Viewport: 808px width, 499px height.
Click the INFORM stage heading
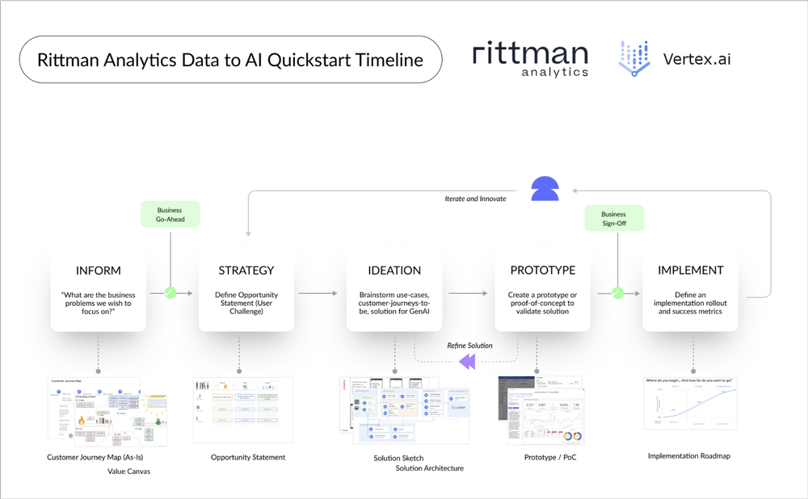[x=99, y=270]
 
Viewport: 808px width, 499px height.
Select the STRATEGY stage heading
[x=246, y=270]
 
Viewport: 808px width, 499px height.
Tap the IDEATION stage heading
[x=394, y=270]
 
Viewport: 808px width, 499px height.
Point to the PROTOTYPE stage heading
[x=542, y=270]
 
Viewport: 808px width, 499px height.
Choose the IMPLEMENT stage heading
[x=690, y=270]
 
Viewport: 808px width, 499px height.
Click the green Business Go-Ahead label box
[x=170, y=214]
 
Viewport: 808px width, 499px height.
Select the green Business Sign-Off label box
[x=614, y=219]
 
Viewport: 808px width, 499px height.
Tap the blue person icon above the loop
[x=545, y=189]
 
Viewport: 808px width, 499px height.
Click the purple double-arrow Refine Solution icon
[x=467, y=363]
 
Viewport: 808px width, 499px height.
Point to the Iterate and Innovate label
[x=476, y=199]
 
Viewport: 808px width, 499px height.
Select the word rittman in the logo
[x=530, y=53]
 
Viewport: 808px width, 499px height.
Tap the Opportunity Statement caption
[x=248, y=458]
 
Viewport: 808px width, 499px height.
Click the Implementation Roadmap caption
[x=689, y=456]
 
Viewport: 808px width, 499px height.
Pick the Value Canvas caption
[x=128, y=471]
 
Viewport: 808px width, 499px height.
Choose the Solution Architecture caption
[x=430, y=468]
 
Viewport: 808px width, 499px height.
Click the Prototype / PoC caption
[x=550, y=458]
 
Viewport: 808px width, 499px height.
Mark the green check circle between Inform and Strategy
[x=170, y=293]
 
